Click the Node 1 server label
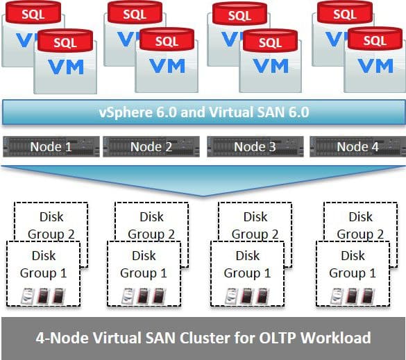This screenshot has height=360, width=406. coord(51,147)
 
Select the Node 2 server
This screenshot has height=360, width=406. coord(151,147)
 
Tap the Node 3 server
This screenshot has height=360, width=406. coord(255,147)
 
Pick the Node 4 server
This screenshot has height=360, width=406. coord(358,147)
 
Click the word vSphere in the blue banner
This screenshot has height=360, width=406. coord(126,112)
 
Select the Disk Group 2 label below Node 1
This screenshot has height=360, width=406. coord(51,225)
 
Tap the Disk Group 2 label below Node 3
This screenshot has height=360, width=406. coord(255,225)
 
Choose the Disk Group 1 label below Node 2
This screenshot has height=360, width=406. coord(144,264)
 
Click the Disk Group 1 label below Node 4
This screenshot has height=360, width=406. coord(353,264)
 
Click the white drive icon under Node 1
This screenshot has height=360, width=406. coord(28,295)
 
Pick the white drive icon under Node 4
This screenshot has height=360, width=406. coord(337,296)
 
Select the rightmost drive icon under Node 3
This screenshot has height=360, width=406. coord(262,296)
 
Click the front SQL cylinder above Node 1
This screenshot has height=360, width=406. coord(65,41)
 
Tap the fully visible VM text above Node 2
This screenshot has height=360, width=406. coord(167,66)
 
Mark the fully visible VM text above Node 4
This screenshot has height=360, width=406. coord(375,66)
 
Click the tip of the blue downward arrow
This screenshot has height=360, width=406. coord(203,196)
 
